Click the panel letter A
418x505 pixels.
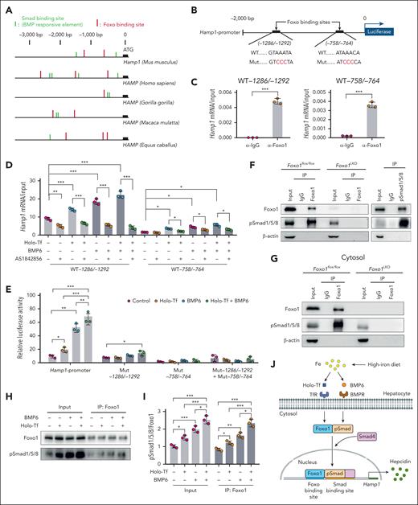pyautogui.click(x=7, y=6)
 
